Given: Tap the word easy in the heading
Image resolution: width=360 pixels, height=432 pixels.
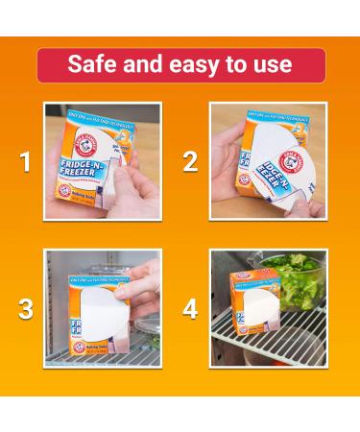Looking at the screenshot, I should click(190, 64).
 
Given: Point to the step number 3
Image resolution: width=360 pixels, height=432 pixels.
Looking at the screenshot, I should click(26, 309).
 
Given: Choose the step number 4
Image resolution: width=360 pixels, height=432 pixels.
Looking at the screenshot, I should click(190, 309).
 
